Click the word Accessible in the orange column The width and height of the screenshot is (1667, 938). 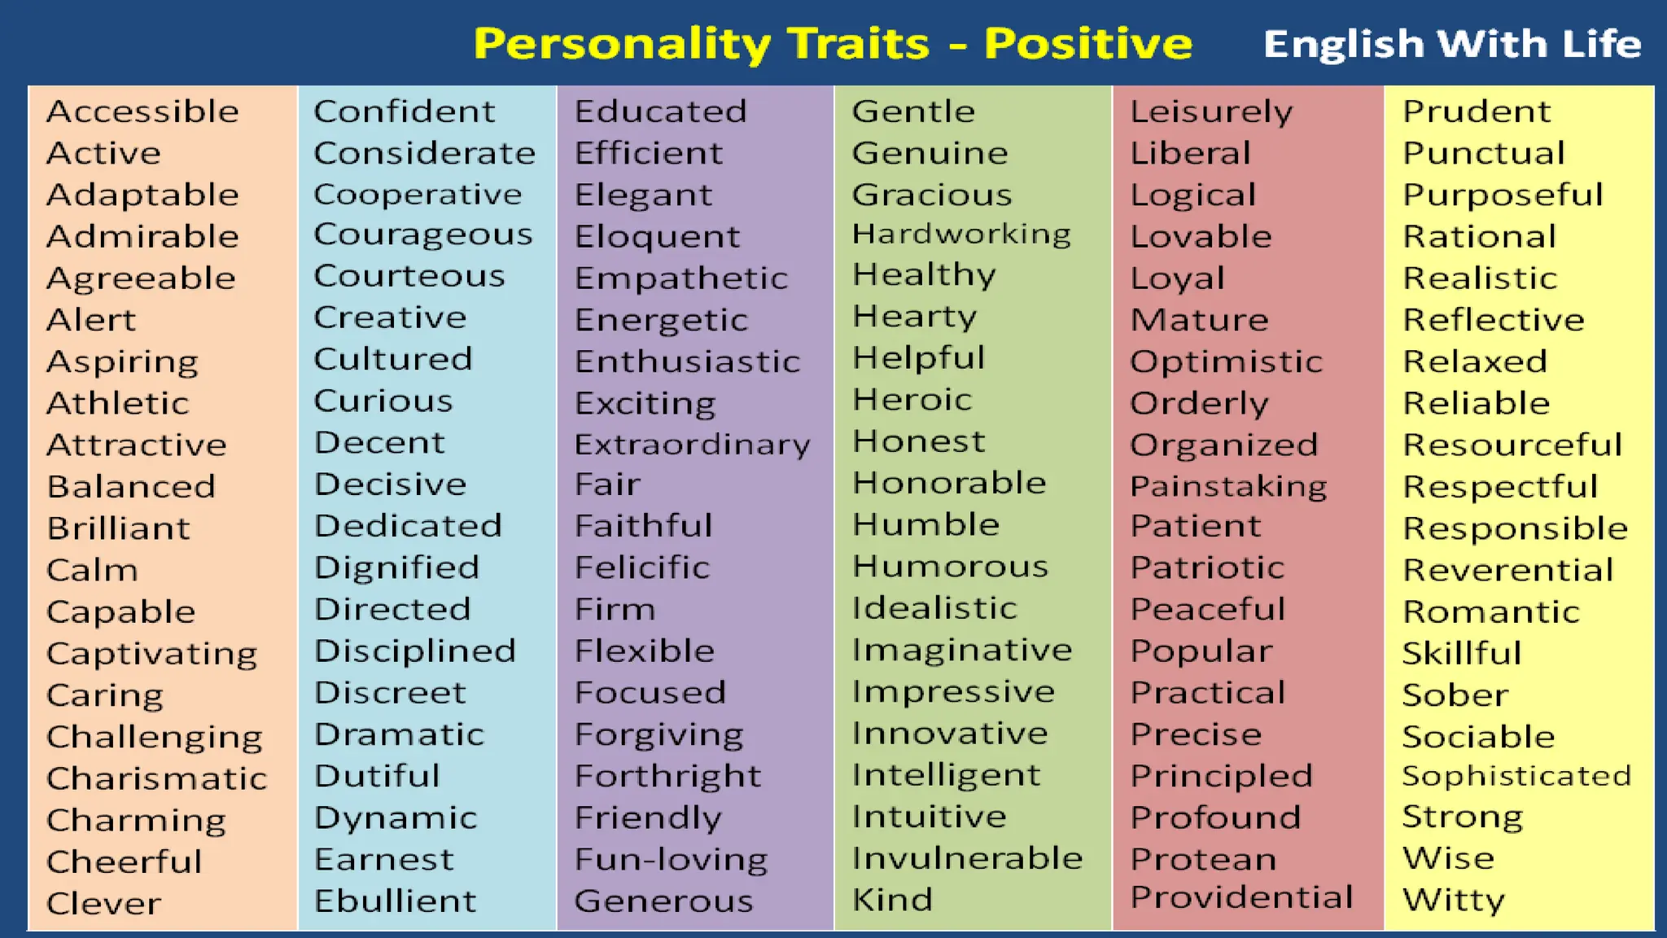[142, 112]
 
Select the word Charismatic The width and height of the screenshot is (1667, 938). [156, 778]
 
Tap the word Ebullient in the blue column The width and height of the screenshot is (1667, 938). [395, 901]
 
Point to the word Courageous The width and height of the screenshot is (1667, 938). [422, 235]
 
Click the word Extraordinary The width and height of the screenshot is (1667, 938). [692, 445]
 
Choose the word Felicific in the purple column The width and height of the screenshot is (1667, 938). [641, 568]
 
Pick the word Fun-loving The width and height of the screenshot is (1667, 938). [671, 860]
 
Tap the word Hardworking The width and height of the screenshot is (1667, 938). [961, 234]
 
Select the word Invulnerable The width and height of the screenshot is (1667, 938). [967, 858]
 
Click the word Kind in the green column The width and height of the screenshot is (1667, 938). [892, 900]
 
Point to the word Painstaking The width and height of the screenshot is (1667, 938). [1228, 487]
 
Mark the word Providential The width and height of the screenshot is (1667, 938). [1241, 897]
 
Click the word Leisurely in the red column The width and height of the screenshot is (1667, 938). [1211, 112]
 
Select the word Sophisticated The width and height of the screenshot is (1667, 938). [1516, 776]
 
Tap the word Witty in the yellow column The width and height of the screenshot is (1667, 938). [1454, 901]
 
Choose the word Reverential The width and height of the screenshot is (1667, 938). [1507, 570]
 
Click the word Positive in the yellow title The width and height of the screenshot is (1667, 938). [1087, 43]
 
